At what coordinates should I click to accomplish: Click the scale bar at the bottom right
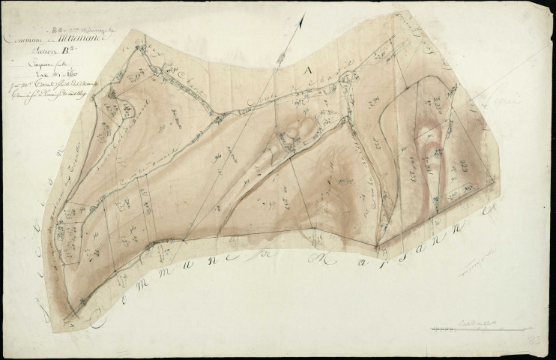coord(477,328)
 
